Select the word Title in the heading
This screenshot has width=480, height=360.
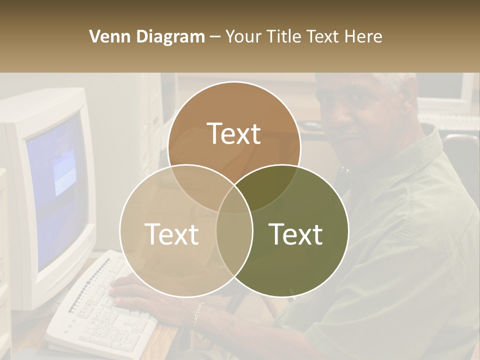click(x=284, y=36)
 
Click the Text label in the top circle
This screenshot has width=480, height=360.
click(x=234, y=134)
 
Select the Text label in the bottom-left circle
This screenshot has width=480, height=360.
click(x=171, y=234)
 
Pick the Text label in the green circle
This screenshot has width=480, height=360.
click(x=295, y=234)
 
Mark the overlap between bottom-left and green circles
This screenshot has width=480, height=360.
click(x=234, y=235)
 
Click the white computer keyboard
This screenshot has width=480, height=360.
click(x=100, y=310)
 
